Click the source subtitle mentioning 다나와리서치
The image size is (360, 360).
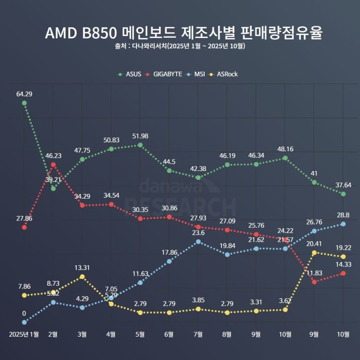point(180,46)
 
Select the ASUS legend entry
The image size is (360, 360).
point(129,74)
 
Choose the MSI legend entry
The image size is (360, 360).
point(196,74)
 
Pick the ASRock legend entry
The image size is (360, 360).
point(225,74)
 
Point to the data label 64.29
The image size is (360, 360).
point(24,93)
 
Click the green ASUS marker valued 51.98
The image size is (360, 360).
point(140,145)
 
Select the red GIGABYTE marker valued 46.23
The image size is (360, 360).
point(53,164)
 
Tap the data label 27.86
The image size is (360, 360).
point(24,218)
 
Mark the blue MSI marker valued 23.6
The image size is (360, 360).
point(198,242)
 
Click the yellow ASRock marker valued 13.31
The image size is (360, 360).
point(82,276)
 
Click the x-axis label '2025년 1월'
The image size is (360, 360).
point(24,334)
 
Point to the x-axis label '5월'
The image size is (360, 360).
point(140,334)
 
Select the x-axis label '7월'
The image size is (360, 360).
point(198,334)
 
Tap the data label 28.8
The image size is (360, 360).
point(343,215)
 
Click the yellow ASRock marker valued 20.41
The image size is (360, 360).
point(314,253)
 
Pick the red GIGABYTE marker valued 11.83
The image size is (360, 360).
point(314,282)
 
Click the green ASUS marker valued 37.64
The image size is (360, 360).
point(343,194)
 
